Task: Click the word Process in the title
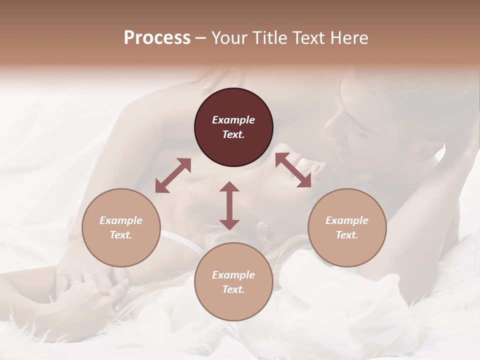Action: pyautogui.click(x=157, y=38)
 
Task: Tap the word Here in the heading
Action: pyautogui.click(x=348, y=38)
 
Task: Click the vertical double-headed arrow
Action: pyautogui.click(x=229, y=205)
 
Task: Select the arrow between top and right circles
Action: pyautogui.click(x=293, y=169)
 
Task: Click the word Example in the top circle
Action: pyautogui.click(x=233, y=120)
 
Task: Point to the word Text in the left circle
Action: pyautogui.click(x=121, y=235)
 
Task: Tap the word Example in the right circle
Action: pyautogui.click(x=347, y=220)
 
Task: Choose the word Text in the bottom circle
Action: pyautogui.click(x=233, y=289)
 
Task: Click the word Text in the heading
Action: pyautogui.click(x=309, y=38)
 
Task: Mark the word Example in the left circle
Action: pyautogui.click(x=121, y=220)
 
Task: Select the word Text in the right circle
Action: pyautogui.click(x=347, y=235)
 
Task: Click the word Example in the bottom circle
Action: pyautogui.click(x=233, y=275)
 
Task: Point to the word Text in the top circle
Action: pyautogui.click(x=233, y=134)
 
